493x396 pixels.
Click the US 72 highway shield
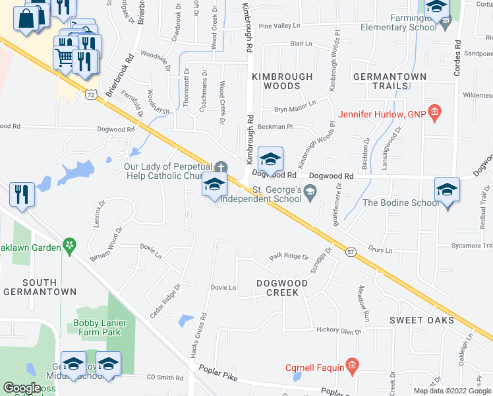[x=90, y=95]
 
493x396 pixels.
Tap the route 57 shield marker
[x=351, y=251]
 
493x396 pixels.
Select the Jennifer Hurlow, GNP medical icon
[x=434, y=113]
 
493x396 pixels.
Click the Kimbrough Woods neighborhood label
[x=283, y=81]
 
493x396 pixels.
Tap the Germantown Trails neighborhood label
[x=390, y=81]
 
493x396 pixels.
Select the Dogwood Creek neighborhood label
[x=282, y=288]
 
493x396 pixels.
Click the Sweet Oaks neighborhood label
[x=421, y=320]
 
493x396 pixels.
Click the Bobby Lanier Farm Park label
[x=97, y=327]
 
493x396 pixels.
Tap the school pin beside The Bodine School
[x=447, y=190]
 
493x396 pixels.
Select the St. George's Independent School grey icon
[x=310, y=191]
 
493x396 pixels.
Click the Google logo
[x=22, y=388]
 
